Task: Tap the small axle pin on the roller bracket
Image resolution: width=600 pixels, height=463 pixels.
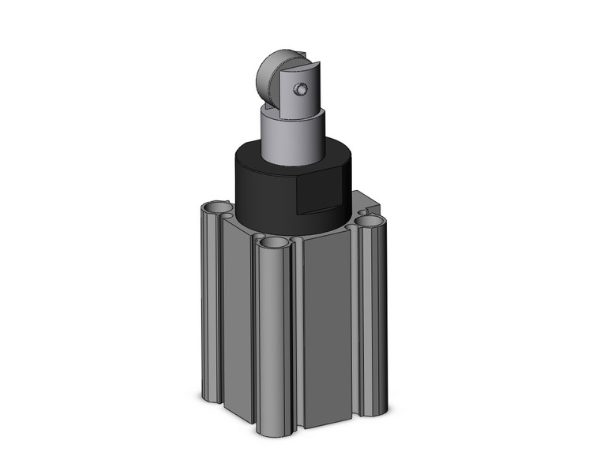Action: pos(299,90)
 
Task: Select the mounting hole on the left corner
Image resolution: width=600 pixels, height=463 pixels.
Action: pos(215,209)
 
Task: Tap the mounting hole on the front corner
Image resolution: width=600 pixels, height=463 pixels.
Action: pos(273,243)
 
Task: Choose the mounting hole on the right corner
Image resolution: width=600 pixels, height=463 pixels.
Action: pos(369,223)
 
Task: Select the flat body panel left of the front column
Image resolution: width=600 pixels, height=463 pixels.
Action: pos(237,323)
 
